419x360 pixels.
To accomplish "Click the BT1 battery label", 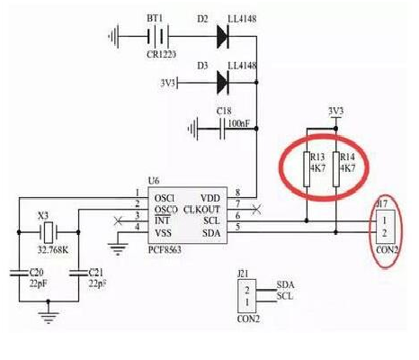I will pyautogui.click(x=153, y=18).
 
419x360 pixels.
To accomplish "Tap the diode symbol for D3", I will pyautogui.click(x=222, y=83).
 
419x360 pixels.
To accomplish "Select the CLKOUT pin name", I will pyautogui.click(x=203, y=207).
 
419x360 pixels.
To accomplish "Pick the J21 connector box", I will pyautogui.click(x=243, y=291).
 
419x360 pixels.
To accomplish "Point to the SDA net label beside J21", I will pyautogui.click(x=285, y=283).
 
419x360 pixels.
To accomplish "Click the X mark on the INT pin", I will pyautogui.click(x=109, y=218).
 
